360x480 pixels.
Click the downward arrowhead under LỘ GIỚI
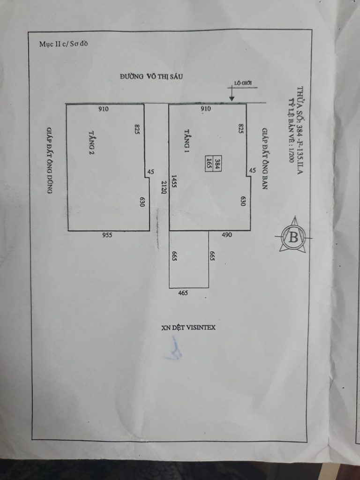(x=232, y=98)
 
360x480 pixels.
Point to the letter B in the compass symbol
(x=293, y=237)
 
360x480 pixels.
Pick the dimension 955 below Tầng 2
(x=107, y=236)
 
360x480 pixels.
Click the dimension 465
(x=183, y=293)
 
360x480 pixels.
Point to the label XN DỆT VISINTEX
(x=188, y=328)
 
